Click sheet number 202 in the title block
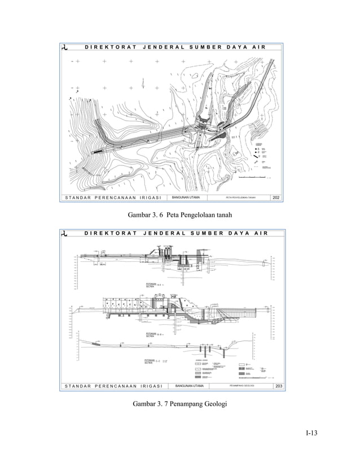click(276, 197)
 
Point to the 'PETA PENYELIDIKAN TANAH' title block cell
click(241, 197)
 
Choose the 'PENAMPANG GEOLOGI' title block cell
click(242, 386)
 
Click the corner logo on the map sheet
click(67, 47)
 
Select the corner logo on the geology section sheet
click(67, 234)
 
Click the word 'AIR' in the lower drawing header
click(260, 234)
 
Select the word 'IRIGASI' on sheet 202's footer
click(147, 197)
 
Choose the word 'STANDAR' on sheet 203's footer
click(74, 386)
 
